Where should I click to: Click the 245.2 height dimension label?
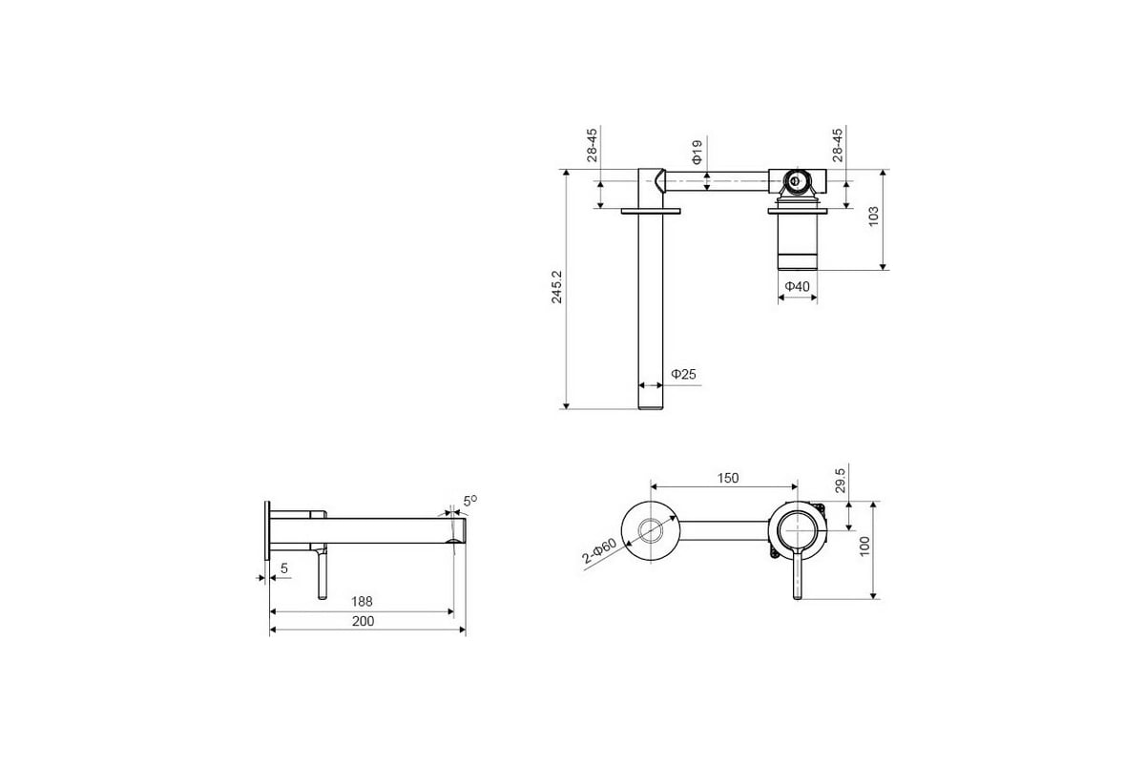pyautogui.click(x=556, y=287)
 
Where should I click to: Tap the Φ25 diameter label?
pyautogui.click(x=683, y=374)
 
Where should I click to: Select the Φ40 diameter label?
pyautogui.click(x=798, y=286)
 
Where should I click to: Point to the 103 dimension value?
pyautogui.click(x=874, y=217)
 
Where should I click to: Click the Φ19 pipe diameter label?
pyautogui.click(x=697, y=152)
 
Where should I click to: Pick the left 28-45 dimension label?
pyautogui.click(x=592, y=145)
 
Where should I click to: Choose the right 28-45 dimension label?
pyautogui.click(x=838, y=145)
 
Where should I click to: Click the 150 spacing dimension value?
pyautogui.click(x=727, y=478)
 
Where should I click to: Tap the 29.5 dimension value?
pyautogui.click(x=841, y=480)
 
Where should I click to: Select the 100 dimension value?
pyautogui.click(x=864, y=546)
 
